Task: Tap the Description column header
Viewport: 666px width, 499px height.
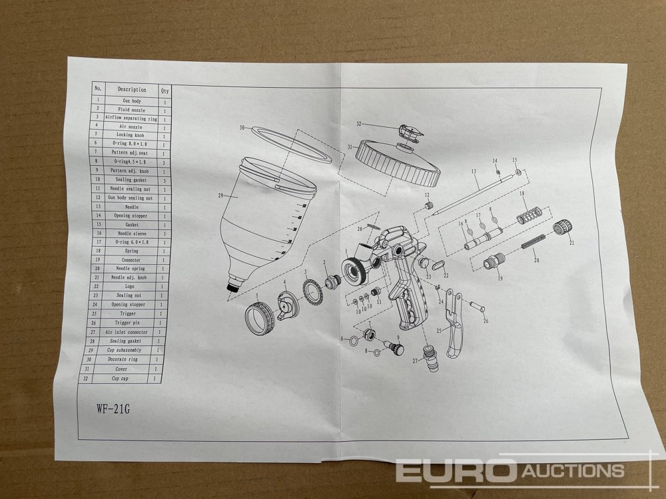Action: coord(132,88)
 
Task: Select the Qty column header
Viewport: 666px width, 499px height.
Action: coord(165,89)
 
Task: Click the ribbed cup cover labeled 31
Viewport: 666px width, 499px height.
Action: coord(398,164)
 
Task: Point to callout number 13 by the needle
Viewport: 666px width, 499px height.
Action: coord(474,172)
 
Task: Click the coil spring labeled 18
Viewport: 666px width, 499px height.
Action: coord(529,216)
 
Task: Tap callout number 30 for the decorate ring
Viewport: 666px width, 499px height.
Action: coord(242,126)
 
